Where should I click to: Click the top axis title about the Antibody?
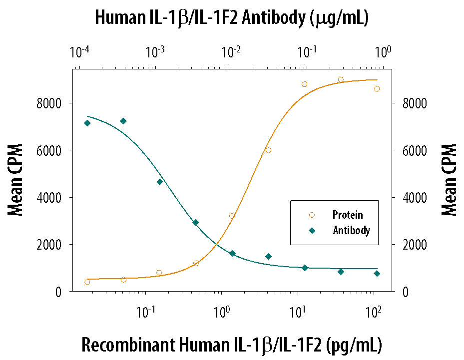click(x=231, y=18)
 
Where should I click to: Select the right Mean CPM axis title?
click(x=449, y=180)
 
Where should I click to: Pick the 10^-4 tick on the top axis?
click(x=80, y=52)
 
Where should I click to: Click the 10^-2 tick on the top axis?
click(x=231, y=52)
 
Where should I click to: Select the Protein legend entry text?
click(x=348, y=215)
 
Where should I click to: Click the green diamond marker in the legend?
click(x=312, y=231)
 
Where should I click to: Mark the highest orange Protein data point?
click(x=341, y=79)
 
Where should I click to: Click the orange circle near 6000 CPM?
click(x=268, y=150)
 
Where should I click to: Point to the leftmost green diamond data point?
click(x=87, y=123)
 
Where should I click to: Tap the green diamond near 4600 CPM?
click(x=160, y=182)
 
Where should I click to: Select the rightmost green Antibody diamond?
click(x=377, y=274)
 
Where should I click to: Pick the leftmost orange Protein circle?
click(x=87, y=282)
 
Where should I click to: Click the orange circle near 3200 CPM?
click(x=232, y=216)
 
